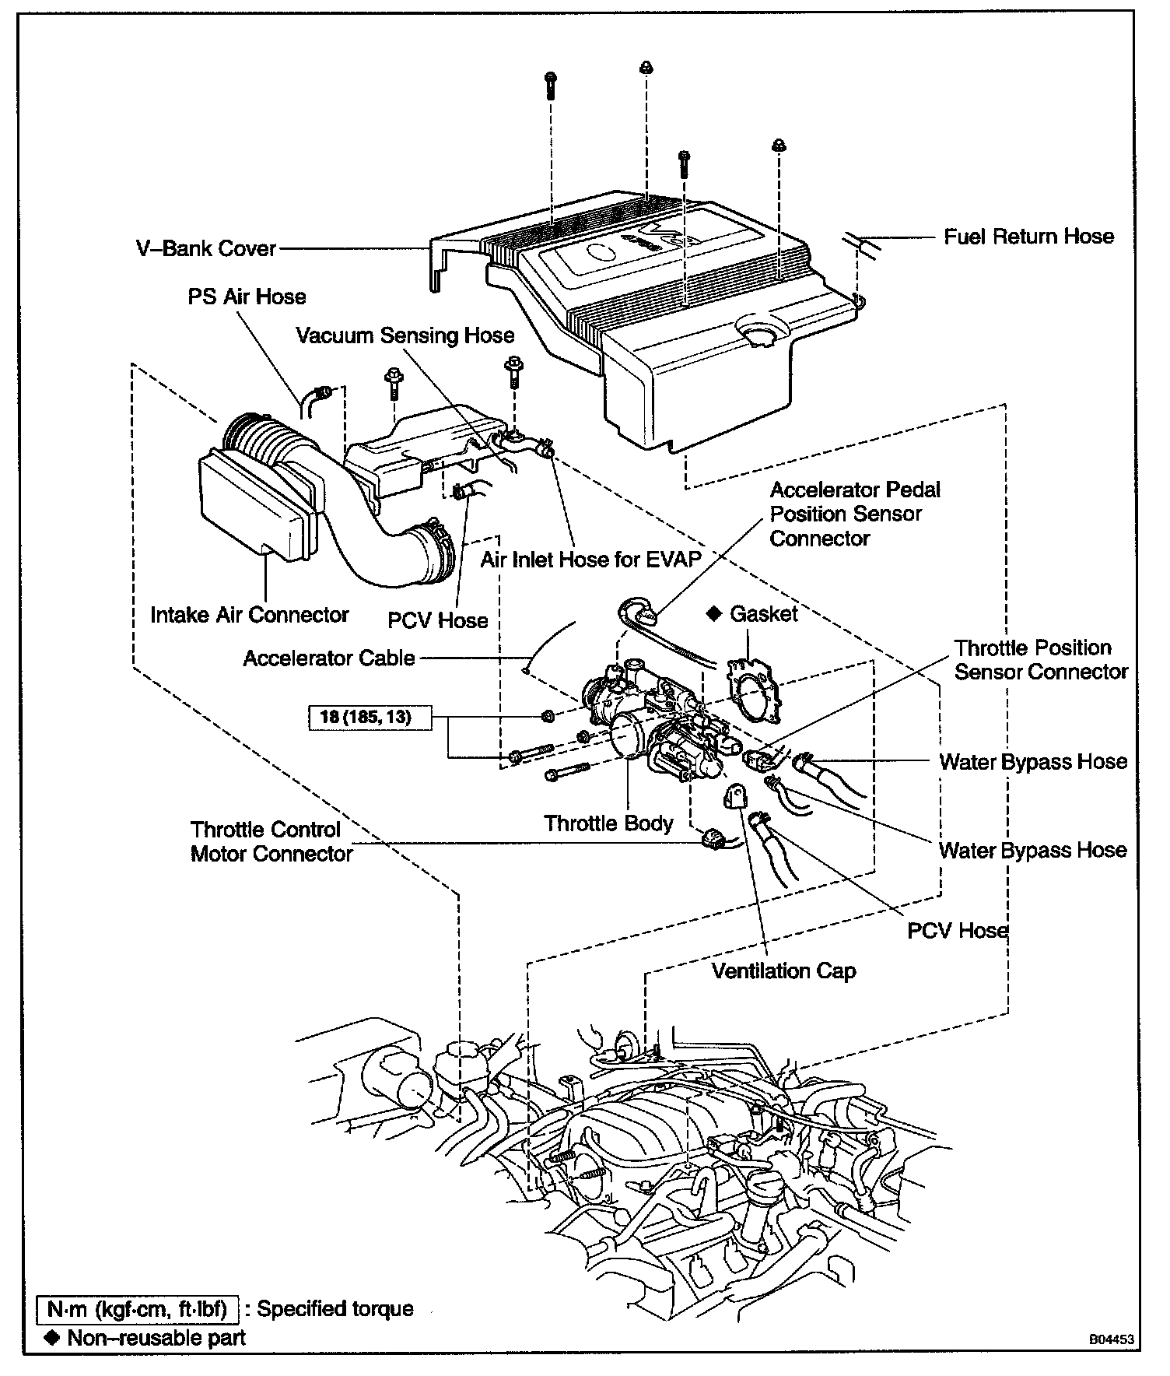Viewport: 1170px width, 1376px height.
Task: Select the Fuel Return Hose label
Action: pos(1028,237)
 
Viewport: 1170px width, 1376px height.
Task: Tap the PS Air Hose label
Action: pos(247,297)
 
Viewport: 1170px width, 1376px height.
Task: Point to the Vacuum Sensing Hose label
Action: pos(405,335)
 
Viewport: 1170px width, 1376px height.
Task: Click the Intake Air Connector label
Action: pos(250,615)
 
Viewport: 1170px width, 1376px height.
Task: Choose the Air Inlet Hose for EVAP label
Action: pos(591,559)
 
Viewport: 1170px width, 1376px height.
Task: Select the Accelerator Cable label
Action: pos(329,658)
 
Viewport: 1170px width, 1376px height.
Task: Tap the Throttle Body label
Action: pos(608,823)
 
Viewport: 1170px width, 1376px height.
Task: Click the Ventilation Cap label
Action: pos(783,971)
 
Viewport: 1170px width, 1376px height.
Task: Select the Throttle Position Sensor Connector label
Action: pos(1041,660)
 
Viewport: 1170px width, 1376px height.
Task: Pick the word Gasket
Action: pos(764,614)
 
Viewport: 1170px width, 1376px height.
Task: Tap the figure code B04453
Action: pos(1111,1341)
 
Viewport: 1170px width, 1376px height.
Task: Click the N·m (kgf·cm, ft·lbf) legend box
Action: pos(137,1309)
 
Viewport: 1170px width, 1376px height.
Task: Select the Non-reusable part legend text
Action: pos(156,1338)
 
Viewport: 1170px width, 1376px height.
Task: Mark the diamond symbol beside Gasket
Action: pos(713,614)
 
